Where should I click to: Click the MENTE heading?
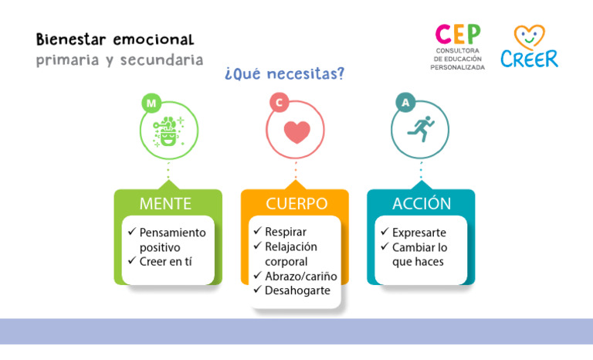tap(165, 204)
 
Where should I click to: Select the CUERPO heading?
tap(296, 204)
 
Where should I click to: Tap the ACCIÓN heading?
tap(422, 204)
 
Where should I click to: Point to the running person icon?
tap(421, 129)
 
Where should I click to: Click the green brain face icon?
tap(168, 131)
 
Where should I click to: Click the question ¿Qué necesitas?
tap(283, 74)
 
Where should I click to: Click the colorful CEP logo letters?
tap(458, 35)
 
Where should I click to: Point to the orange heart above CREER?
tap(530, 36)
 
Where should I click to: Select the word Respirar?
tap(286, 232)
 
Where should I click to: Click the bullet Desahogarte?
tap(297, 290)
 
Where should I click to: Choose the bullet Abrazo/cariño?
tap(300, 276)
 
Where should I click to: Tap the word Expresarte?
tap(418, 233)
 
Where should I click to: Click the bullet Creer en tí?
tap(165, 261)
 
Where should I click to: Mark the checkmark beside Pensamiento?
tap(132, 232)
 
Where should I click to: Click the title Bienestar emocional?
tap(115, 39)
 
